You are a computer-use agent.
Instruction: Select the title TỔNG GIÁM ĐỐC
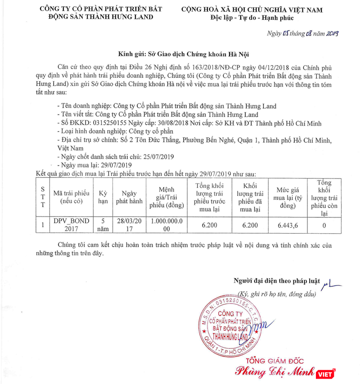(x=274, y=361)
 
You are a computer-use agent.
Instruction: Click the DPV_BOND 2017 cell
(x=72, y=225)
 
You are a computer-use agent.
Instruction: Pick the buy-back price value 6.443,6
(x=288, y=225)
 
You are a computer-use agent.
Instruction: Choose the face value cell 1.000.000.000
(x=166, y=225)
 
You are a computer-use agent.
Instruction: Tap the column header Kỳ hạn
(x=103, y=197)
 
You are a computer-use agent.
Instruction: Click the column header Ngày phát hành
(x=129, y=197)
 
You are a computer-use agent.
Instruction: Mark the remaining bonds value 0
(x=324, y=225)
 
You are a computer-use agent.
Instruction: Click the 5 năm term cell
(x=103, y=225)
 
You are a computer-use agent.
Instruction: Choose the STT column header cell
(x=43, y=197)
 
